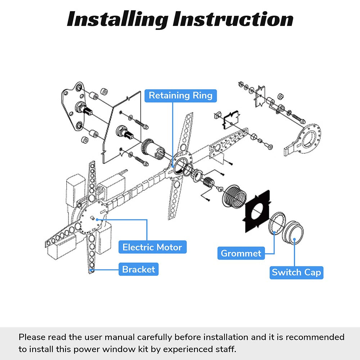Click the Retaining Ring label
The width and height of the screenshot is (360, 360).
[x=180, y=95]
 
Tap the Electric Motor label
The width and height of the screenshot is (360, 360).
[x=152, y=247]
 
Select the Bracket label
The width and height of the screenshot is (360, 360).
[x=139, y=269]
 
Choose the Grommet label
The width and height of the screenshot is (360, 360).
[x=241, y=253]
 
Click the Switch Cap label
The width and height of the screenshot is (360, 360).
[x=296, y=272]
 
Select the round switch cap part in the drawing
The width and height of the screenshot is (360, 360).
[x=293, y=234]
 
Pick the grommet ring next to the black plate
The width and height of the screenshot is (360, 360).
[x=278, y=223]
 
